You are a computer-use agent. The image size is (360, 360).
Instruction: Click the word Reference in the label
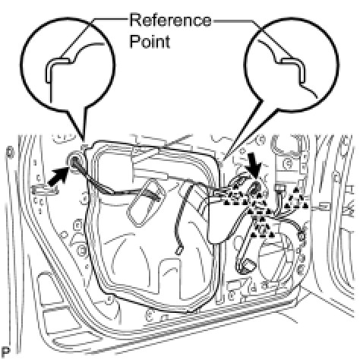(x=170, y=20)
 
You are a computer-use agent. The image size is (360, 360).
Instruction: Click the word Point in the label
(x=150, y=41)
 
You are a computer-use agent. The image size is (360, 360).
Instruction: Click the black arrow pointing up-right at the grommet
(x=58, y=178)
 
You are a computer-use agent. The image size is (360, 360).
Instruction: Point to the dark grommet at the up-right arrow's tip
(x=74, y=160)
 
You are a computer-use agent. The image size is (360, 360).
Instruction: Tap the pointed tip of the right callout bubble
(x=223, y=161)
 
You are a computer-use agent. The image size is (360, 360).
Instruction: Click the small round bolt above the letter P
(x=10, y=152)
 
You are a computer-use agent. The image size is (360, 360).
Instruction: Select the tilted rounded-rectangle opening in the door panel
(x=145, y=202)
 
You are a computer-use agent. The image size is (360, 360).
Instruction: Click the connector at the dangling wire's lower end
(x=178, y=250)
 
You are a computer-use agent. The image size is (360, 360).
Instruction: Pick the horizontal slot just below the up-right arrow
(x=44, y=191)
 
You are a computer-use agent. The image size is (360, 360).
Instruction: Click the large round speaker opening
(x=276, y=256)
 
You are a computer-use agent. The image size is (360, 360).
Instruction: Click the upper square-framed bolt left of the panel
(x=77, y=224)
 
